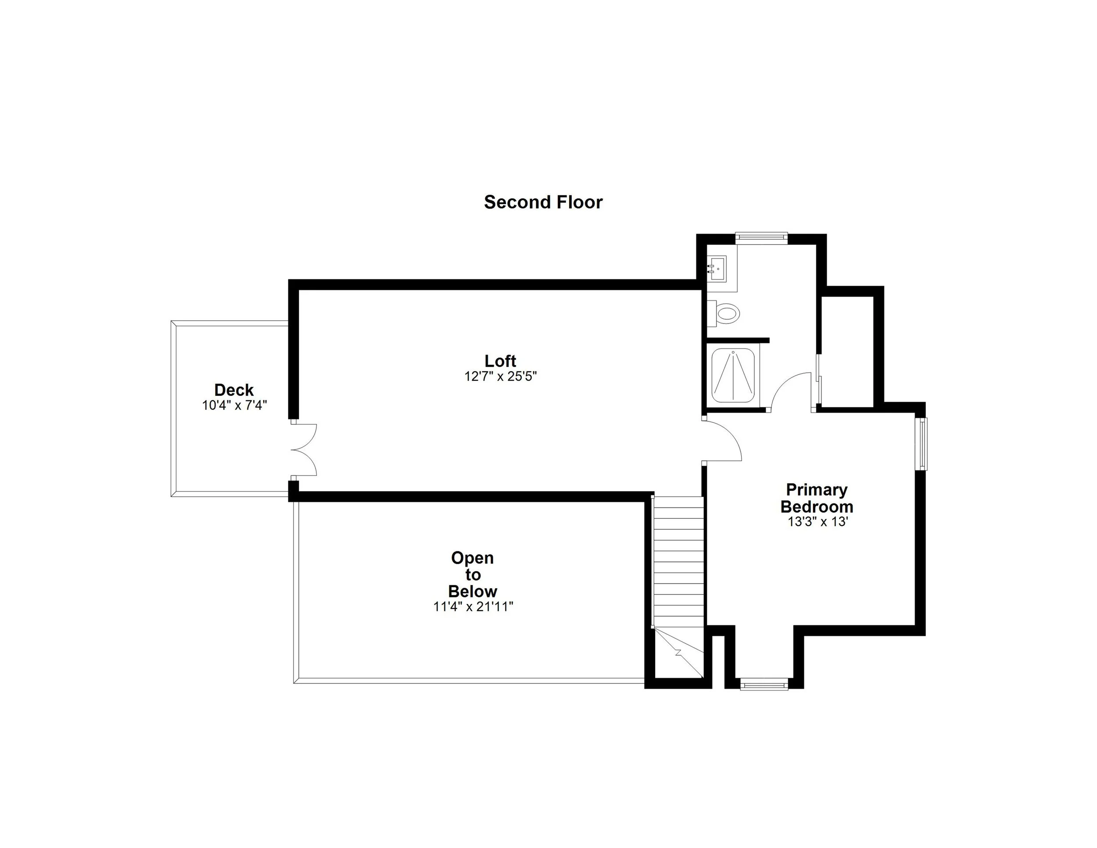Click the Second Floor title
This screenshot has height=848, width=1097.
[x=543, y=202]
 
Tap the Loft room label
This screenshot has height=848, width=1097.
[x=500, y=361]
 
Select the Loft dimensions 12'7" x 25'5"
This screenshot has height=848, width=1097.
[x=500, y=376]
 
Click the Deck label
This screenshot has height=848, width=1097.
[x=234, y=390]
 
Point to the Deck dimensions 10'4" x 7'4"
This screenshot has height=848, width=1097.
[x=234, y=406]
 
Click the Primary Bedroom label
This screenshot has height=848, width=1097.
[x=817, y=498]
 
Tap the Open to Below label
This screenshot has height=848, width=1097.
[x=473, y=574]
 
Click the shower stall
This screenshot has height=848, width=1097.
[x=733, y=375]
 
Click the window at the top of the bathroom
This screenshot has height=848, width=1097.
[x=761, y=237]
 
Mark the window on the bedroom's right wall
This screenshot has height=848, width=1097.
[x=922, y=444]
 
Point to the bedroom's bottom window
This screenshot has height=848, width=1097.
[x=764, y=684]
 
